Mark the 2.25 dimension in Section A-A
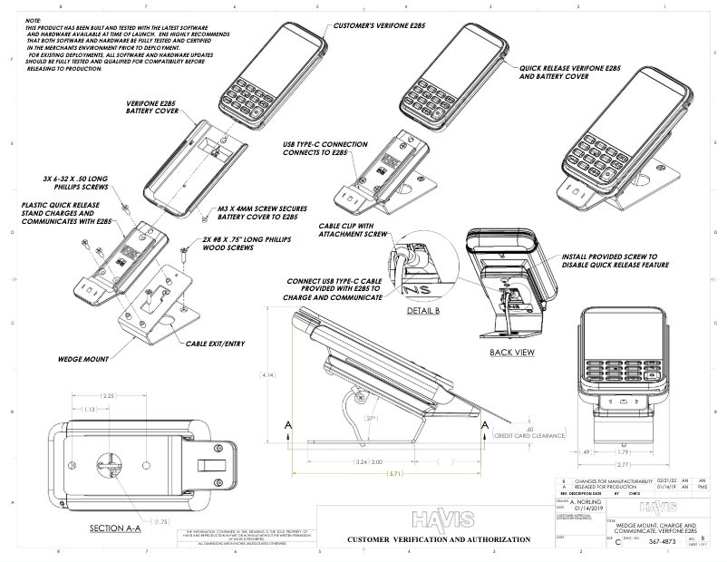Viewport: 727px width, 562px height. [x=109, y=395]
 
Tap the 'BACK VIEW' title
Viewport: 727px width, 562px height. [x=510, y=352]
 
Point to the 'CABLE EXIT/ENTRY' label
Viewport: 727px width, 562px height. [x=215, y=344]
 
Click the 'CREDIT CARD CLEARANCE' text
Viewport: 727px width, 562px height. [x=530, y=435]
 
